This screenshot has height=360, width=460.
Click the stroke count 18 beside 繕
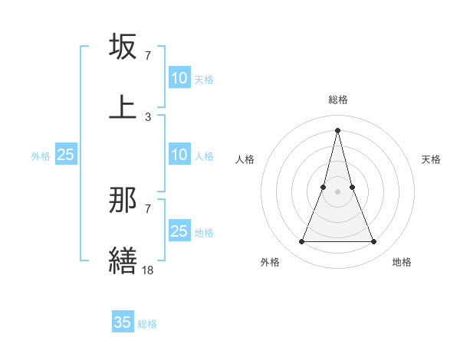point(148,270)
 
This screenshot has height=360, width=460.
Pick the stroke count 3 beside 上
point(148,116)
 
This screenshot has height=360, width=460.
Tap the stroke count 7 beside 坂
point(148,56)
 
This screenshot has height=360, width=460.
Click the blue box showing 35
point(123,322)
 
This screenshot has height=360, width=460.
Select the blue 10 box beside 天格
point(179,78)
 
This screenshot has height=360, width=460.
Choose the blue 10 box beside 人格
point(179,155)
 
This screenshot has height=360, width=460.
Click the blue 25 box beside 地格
point(179,231)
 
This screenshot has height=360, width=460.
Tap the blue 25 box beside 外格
point(66,155)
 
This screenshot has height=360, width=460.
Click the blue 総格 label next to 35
point(147,324)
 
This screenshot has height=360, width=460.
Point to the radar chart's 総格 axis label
point(338,100)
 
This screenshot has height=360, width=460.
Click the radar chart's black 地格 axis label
point(402,262)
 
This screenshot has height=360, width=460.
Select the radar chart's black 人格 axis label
point(245,159)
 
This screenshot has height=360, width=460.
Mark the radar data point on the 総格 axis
point(338,129)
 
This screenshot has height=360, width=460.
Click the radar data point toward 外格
point(301,242)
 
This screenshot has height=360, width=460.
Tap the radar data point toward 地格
point(374,242)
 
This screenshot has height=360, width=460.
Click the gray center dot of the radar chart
point(338,191)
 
